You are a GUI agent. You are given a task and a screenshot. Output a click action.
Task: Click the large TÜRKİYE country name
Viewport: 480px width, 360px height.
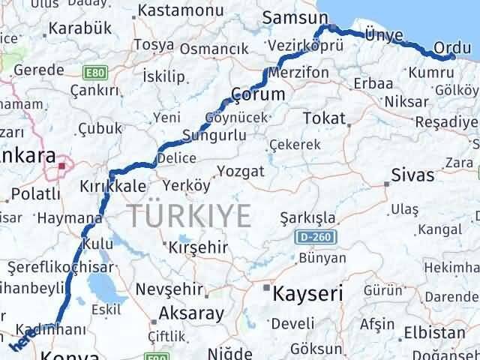(189, 215)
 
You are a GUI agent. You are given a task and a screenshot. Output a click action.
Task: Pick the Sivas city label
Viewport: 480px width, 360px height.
(412, 175)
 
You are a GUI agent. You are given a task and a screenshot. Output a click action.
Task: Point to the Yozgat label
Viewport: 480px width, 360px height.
(240, 171)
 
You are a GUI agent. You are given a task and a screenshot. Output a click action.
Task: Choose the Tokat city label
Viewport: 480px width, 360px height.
(324, 118)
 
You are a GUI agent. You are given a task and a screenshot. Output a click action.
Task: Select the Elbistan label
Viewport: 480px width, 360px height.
(435, 331)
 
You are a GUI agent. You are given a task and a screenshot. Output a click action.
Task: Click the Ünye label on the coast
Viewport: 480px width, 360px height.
(383, 34)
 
